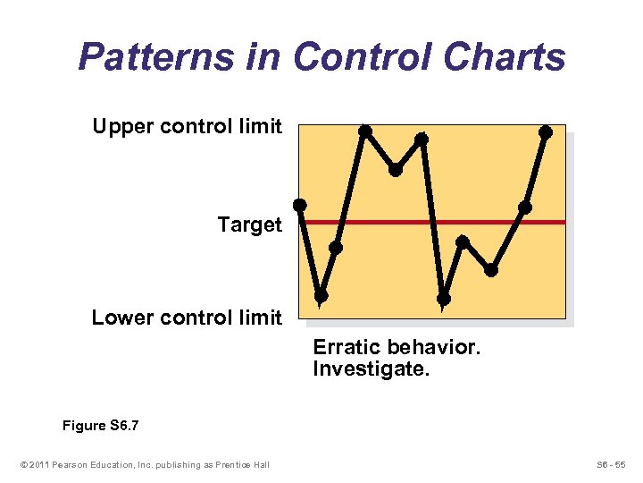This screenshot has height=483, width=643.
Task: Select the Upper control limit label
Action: [x=187, y=126]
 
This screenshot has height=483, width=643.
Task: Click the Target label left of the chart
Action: [x=249, y=225]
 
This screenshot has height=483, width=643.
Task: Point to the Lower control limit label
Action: [x=187, y=318]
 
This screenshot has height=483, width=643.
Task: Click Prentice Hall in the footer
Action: [x=241, y=463]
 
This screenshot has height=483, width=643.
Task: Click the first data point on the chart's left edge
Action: [x=300, y=205]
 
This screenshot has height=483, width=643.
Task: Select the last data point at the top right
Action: [x=546, y=132]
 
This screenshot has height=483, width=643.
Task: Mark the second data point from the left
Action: [x=321, y=295]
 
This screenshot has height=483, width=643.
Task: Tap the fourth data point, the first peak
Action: [x=364, y=131]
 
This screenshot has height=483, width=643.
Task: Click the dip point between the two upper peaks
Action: [x=395, y=169]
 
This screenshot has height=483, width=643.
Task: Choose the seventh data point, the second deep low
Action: [x=443, y=298]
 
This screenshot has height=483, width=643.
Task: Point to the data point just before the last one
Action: [x=525, y=208]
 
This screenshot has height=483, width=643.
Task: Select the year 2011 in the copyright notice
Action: [x=40, y=463]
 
